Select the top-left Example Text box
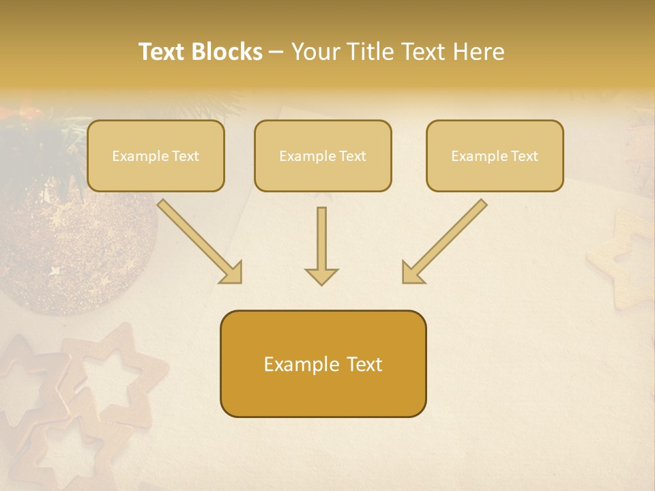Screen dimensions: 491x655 pos(156,155)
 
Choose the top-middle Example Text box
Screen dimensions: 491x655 pos(323,155)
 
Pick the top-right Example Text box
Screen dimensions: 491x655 pos(495,155)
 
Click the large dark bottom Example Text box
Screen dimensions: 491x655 pos(323,363)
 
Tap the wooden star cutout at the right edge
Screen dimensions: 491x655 pos(624,263)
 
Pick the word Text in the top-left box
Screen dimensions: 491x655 pos(185,156)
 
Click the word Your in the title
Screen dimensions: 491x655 pos(316,52)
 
